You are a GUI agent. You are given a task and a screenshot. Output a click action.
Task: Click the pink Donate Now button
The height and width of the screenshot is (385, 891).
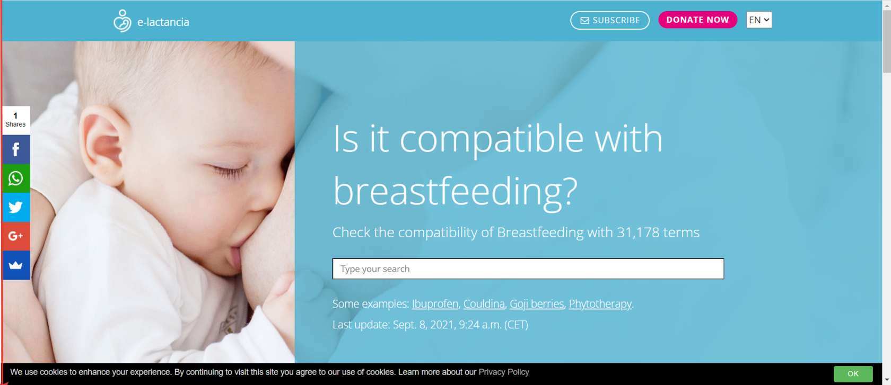(697, 20)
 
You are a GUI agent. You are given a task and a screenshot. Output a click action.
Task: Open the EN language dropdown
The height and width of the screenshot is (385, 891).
(759, 20)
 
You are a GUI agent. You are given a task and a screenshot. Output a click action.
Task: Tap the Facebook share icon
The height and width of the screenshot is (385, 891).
(16, 149)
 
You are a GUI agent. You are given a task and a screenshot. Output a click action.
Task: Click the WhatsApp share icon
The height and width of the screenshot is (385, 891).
(16, 178)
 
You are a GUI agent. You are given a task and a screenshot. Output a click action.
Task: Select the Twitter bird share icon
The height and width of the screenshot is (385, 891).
(16, 208)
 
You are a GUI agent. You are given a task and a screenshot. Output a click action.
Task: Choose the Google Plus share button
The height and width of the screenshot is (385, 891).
(16, 236)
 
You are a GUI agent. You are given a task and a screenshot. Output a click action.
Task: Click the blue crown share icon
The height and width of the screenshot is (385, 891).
(16, 265)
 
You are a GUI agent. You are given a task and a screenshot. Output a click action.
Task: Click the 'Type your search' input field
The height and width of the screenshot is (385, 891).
(528, 268)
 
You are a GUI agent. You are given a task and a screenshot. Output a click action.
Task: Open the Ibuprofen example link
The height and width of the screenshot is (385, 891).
(435, 303)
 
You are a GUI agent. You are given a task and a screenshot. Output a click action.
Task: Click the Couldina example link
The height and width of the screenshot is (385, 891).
(484, 303)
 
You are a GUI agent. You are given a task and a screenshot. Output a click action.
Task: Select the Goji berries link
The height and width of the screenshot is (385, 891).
(537, 303)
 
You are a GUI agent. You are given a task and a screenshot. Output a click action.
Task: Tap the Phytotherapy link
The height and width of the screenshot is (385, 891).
(600, 303)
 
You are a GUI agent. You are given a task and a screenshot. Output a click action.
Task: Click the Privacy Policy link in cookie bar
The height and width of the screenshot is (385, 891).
(504, 372)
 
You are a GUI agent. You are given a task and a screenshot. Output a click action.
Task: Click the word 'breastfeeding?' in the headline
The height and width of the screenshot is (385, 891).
(455, 192)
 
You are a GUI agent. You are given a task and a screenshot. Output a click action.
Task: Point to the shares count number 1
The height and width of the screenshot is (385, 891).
(15, 115)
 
